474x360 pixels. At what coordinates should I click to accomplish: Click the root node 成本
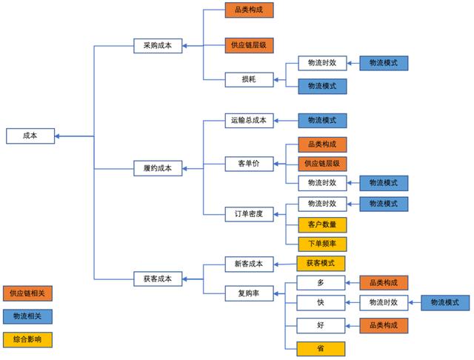click(x=30, y=136)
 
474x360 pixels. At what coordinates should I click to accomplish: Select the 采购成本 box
click(x=157, y=46)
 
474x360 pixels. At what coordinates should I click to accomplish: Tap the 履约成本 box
click(x=157, y=168)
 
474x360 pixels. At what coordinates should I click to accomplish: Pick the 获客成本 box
click(x=157, y=279)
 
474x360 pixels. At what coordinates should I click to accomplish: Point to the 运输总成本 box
click(x=249, y=120)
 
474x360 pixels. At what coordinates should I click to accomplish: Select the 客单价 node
click(x=249, y=164)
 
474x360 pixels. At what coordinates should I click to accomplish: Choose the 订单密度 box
click(x=249, y=214)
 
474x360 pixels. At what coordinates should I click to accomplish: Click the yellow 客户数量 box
click(x=321, y=224)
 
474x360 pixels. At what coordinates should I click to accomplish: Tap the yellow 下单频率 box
click(x=321, y=244)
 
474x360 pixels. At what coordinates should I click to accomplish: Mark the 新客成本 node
click(x=249, y=263)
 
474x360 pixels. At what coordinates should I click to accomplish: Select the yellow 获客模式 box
click(x=321, y=263)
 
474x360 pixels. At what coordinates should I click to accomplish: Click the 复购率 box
click(x=249, y=293)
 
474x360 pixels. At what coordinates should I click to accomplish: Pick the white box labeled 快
click(x=321, y=302)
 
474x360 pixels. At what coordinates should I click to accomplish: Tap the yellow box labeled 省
click(x=321, y=347)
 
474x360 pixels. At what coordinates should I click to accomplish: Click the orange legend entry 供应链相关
click(x=27, y=293)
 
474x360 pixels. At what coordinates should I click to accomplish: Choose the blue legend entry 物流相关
click(x=27, y=316)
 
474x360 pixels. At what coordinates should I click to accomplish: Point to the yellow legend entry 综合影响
click(x=27, y=339)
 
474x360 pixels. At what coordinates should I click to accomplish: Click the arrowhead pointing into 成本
click(x=58, y=136)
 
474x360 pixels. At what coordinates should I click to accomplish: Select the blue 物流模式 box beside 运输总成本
click(x=321, y=120)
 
